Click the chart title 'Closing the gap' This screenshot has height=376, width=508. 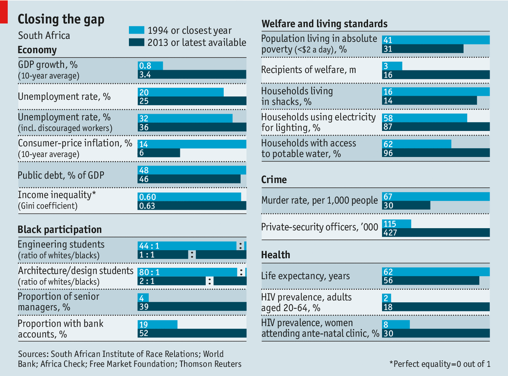[61, 19]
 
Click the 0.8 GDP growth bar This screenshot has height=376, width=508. [150, 66]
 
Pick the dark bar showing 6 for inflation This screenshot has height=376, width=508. [159, 153]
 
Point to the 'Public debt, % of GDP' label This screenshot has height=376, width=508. [61, 175]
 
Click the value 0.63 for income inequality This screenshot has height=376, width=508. [147, 206]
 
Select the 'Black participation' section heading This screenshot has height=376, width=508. [60, 230]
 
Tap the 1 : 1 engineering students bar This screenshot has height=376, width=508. [163, 255]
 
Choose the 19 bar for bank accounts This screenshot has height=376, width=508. [157, 325]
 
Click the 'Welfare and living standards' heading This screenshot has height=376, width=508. [324, 24]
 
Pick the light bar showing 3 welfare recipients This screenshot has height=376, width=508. [392, 66]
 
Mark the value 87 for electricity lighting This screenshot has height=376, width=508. [388, 127]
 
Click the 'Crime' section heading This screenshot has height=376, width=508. [274, 180]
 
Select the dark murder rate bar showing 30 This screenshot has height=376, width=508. [406, 205]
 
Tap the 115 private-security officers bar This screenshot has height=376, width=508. [397, 224]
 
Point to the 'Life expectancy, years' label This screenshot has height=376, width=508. [305, 276]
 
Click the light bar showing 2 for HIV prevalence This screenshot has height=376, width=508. [386, 298]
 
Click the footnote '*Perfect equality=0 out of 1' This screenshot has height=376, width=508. [440, 364]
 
